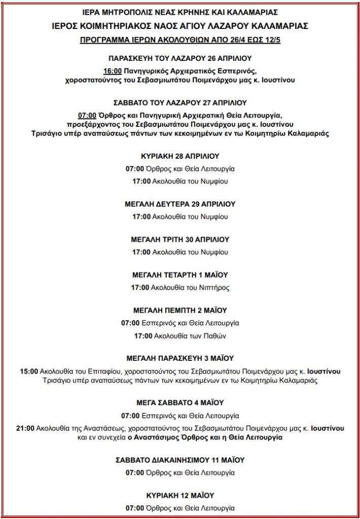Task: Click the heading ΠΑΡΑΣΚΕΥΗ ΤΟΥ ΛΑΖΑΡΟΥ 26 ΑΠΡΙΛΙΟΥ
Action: [180, 58]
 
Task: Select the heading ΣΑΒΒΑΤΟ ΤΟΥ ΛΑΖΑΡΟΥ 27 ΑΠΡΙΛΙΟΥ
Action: [180, 102]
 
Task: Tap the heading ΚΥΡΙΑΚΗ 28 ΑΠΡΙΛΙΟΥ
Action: [180, 156]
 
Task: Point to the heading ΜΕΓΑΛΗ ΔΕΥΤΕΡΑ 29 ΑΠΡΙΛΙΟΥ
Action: [180, 204]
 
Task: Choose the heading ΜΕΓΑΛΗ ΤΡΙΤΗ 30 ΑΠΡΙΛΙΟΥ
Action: [180, 239]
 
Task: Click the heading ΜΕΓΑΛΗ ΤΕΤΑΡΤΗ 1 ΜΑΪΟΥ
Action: [180, 275]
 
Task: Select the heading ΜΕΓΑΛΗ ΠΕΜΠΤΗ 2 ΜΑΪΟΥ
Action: [180, 310]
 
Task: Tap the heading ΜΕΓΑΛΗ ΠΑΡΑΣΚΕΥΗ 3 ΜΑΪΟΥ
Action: [180, 358]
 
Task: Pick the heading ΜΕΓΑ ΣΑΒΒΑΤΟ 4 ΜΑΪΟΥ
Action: [180, 403]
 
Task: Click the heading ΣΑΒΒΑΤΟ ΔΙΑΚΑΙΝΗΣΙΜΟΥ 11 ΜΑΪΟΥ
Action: [180, 460]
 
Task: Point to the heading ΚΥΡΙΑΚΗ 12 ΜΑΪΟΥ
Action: [180, 495]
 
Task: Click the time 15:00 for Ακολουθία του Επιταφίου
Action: [29, 372]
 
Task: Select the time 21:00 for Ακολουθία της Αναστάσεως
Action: [25, 428]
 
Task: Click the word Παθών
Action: [215, 336]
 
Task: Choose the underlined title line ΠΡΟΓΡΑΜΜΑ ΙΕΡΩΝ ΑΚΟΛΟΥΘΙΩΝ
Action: [180, 39]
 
